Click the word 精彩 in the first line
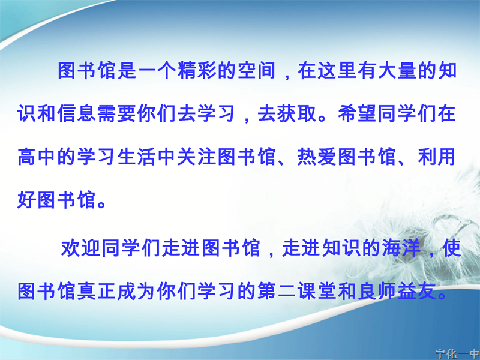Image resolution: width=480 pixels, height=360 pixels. [x=198, y=71]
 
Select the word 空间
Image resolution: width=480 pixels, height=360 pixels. [x=257, y=71]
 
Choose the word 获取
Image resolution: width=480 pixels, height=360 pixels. [x=297, y=113]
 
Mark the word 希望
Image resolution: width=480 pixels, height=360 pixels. [x=357, y=113]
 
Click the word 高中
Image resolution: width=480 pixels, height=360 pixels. [x=37, y=157]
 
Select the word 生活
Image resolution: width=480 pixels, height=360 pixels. [x=137, y=157]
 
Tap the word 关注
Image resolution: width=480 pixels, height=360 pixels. [x=197, y=157]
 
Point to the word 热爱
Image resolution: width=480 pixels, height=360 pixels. [x=317, y=157]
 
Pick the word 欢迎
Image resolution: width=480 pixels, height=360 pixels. [x=81, y=248]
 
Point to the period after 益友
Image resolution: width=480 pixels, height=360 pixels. [x=442, y=296]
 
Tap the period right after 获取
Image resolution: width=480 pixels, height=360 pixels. [x=322, y=118]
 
